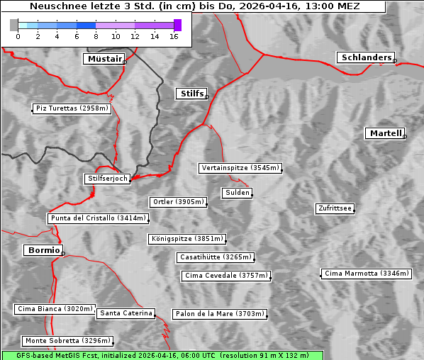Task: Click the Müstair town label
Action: coord(104,59)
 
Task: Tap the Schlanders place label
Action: coord(365,57)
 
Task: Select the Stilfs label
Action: coord(191,94)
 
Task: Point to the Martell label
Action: coord(385,133)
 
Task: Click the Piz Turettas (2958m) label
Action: coord(72,108)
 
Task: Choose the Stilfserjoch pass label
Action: coord(107,179)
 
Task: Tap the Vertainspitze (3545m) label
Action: coord(240,168)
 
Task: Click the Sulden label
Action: coord(236,193)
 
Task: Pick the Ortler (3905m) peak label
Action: coord(178,202)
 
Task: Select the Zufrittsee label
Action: coord(335,208)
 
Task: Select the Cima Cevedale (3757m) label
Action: coord(226,276)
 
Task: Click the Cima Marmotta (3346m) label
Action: coord(366,274)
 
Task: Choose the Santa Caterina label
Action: coord(125,313)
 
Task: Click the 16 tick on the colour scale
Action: coord(174,36)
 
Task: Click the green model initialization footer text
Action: coord(162,355)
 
